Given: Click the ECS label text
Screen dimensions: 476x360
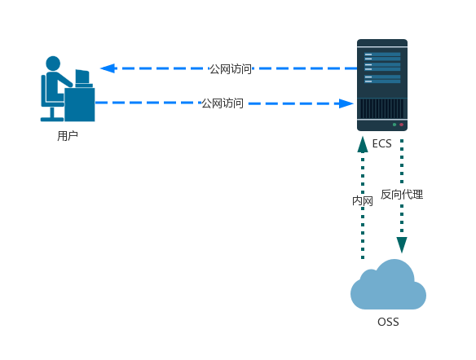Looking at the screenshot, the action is click(x=381, y=143).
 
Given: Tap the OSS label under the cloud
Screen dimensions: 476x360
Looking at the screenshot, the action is click(x=388, y=322).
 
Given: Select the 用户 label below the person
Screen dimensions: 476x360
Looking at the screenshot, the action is click(x=68, y=135).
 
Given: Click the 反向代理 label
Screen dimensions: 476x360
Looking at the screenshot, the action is click(x=402, y=194).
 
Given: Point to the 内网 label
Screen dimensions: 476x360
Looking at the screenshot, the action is click(x=363, y=201).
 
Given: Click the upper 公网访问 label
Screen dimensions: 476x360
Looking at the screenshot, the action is click(x=231, y=69).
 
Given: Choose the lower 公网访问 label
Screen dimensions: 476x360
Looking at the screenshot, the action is click(x=223, y=103).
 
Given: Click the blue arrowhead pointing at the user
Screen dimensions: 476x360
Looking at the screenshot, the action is click(x=108, y=68).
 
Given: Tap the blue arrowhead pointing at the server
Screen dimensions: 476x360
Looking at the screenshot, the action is click(x=346, y=103).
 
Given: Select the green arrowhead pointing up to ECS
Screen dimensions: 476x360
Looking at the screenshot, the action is click(x=363, y=144).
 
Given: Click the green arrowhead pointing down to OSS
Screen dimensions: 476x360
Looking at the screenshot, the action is click(x=402, y=245).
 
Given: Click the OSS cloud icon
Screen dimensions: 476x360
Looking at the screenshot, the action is click(x=388, y=284).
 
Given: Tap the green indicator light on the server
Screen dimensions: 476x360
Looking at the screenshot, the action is click(x=394, y=125).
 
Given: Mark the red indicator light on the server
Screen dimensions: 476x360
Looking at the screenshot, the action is click(x=401, y=125).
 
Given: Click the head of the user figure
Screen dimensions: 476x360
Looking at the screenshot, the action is click(x=53, y=64).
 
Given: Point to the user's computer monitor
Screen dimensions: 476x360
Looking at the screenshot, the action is click(x=82, y=77).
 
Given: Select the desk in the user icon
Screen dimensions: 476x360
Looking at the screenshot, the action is click(x=80, y=104).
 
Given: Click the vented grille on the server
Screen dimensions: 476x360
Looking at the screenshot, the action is click(x=382, y=108).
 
